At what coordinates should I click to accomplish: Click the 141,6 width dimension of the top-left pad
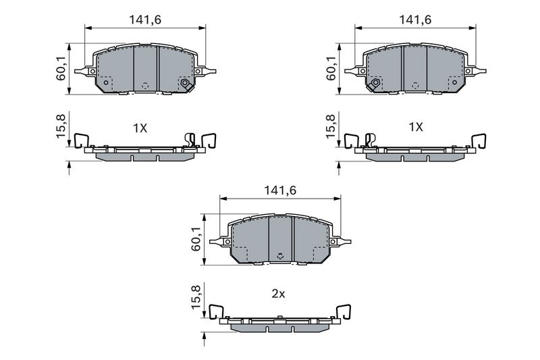[145, 20]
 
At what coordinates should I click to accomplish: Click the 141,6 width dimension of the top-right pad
[415, 20]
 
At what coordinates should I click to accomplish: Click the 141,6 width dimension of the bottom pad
[280, 190]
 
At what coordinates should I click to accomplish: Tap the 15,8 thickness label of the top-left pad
[61, 126]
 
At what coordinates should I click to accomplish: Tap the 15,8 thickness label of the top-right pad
[331, 126]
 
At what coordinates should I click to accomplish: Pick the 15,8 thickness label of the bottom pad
[196, 297]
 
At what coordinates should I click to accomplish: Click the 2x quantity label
[278, 294]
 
